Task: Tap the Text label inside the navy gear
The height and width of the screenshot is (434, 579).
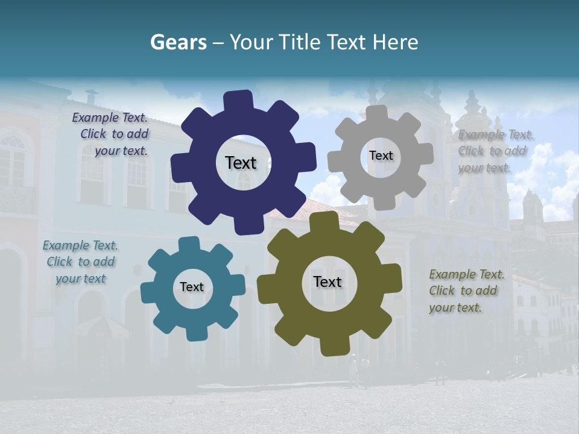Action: (241, 163)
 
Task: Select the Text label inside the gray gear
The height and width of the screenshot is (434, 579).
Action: (381, 156)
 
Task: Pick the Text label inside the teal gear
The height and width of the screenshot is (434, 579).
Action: (192, 287)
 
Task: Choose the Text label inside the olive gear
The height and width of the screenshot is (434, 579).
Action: (327, 281)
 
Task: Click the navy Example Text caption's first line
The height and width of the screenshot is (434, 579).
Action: (110, 118)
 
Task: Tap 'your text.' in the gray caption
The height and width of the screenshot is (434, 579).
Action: (484, 168)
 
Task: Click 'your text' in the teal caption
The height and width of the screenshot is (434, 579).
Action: (81, 278)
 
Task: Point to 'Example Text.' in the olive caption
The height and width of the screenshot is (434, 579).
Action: (467, 275)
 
